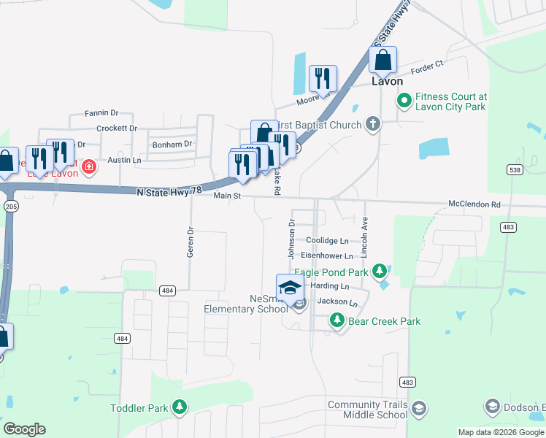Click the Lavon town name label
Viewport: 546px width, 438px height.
coord(387,82)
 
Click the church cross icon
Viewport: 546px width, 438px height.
coord(372,124)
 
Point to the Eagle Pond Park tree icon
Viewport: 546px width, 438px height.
coord(379,272)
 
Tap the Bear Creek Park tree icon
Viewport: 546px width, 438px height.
coord(337,320)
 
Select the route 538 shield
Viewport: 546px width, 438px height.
coord(515,169)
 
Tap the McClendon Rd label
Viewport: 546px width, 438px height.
coord(474,204)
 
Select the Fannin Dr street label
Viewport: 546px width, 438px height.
coord(101,113)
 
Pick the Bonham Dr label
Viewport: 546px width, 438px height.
coord(172,145)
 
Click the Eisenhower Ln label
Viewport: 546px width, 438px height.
coord(327,256)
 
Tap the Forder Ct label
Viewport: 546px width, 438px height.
coord(427,66)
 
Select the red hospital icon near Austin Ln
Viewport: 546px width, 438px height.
coord(89,167)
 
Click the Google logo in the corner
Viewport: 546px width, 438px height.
coord(24,429)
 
